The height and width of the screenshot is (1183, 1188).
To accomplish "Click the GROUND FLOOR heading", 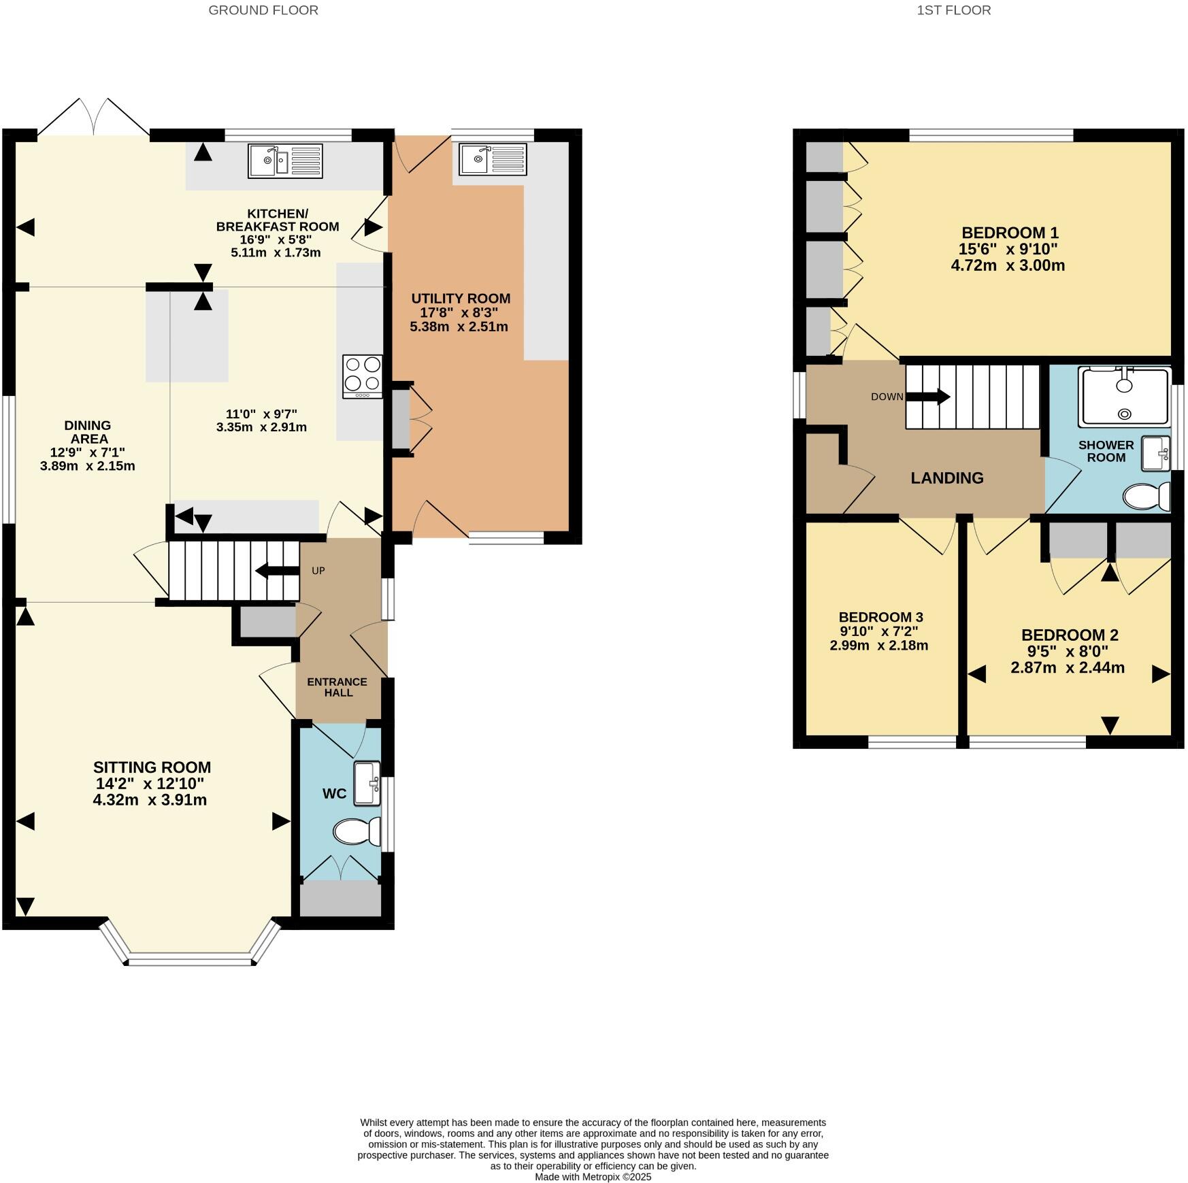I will click(263, 10).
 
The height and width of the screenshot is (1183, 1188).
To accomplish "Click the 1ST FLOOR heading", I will click(953, 10).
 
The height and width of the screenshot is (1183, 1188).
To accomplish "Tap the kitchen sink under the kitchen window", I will click(285, 161).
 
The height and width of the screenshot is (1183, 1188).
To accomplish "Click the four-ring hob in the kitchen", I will click(363, 376).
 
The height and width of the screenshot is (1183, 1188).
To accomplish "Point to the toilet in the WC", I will click(356, 831).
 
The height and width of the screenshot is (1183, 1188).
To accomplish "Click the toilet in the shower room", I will click(1146, 496).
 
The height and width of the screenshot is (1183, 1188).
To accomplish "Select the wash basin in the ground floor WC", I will click(367, 783).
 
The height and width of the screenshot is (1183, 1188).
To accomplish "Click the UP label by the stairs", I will click(318, 571).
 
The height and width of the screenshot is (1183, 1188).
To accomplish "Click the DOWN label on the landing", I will click(887, 397).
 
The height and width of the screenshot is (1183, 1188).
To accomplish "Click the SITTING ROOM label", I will click(152, 767).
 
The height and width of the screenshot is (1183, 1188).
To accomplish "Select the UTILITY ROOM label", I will click(461, 298).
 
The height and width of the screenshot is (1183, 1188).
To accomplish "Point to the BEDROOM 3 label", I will click(880, 617).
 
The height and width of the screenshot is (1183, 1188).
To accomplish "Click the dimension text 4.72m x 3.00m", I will click(1007, 265).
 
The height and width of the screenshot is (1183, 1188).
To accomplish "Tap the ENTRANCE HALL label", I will click(337, 687).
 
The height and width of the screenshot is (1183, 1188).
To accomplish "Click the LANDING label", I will click(946, 478).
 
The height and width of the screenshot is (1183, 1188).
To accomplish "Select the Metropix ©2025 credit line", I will click(593, 1176).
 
